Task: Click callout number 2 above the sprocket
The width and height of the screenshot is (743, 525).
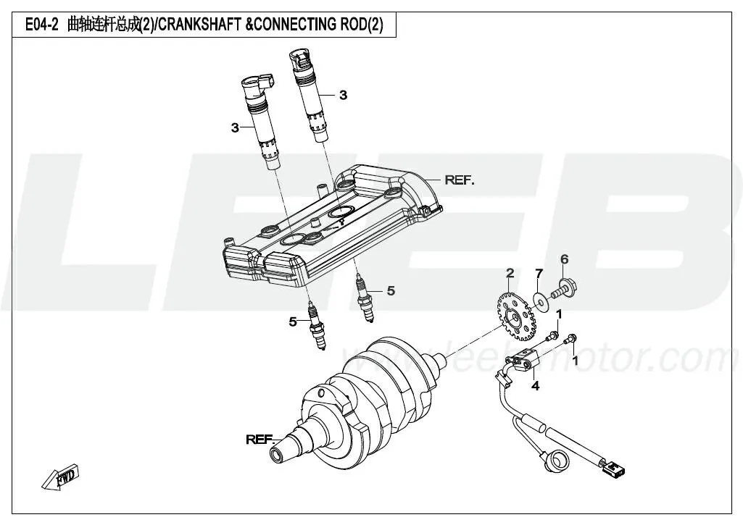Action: (x=510, y=273)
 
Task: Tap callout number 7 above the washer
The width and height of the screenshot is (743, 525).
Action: (x=539, y=273)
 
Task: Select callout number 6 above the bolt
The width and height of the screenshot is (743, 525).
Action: (x=564, y=259)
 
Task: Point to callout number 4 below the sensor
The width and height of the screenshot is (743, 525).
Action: (x=535, y=387)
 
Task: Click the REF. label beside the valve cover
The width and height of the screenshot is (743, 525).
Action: (x=460, y=180)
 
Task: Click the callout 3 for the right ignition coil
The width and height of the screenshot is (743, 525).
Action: (x=343, y=95)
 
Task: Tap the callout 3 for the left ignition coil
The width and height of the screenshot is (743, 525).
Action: (x=235, y=128)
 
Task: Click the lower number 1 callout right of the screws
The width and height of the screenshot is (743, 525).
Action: (x=575, y=360)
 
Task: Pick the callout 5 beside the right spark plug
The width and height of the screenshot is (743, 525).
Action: (x=391, y=291)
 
